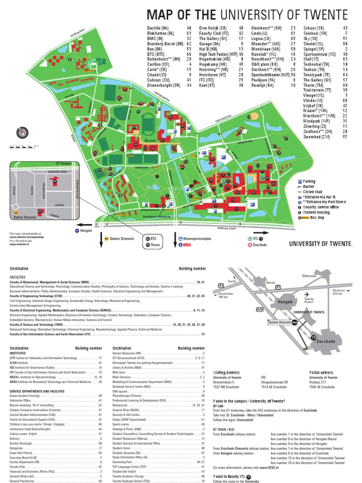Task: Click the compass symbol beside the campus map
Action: point(20,133)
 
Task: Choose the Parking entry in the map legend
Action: point(309,181)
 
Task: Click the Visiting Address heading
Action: point(227,372)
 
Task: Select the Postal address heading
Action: point(321,372)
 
